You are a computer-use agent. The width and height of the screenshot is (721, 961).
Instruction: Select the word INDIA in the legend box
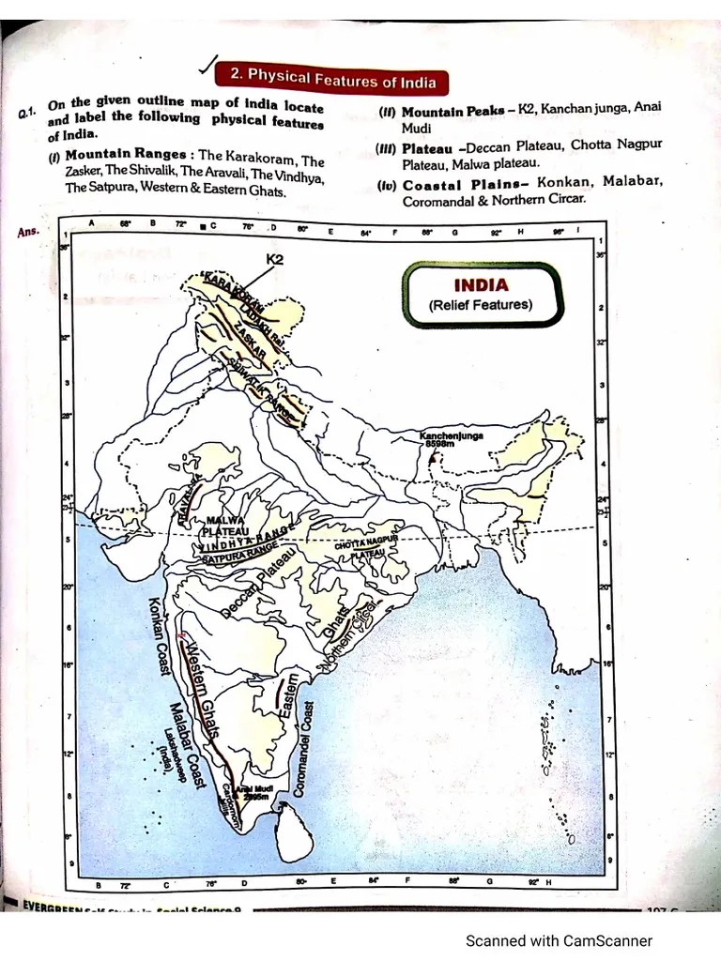pos(481,285)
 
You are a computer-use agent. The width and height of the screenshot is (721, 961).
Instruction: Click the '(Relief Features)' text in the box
pos(481,305)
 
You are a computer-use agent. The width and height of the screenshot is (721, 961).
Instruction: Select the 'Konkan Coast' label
pos(155,639)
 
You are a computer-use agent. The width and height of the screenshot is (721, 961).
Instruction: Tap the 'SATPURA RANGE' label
pos(237,557)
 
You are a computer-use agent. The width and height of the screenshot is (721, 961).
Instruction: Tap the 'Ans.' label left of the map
pos(29,230)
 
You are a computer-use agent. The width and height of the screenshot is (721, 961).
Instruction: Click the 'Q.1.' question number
pos(25,114)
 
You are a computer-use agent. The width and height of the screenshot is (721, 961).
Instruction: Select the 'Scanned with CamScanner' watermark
pos(559,940)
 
